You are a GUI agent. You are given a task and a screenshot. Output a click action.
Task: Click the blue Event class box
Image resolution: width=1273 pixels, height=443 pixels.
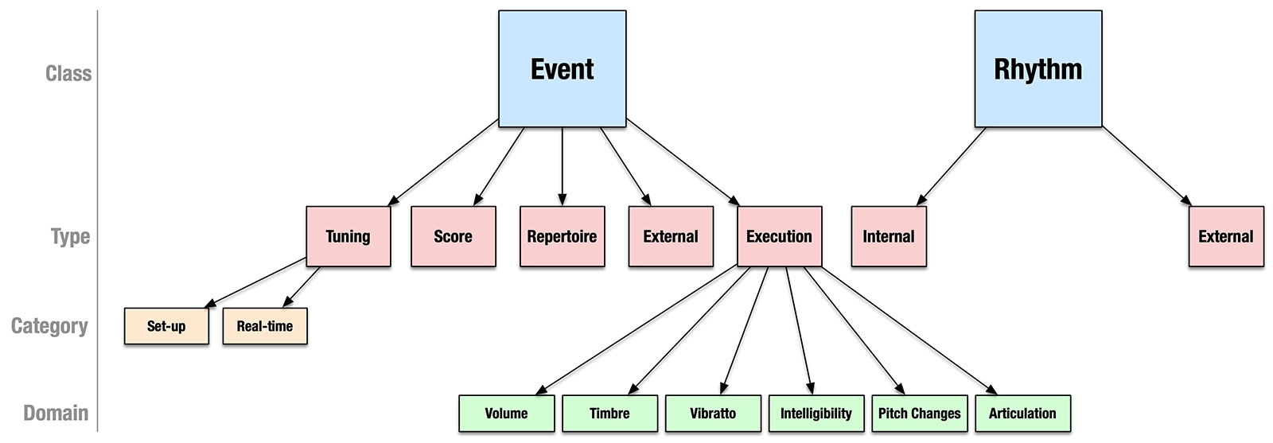[562, 69]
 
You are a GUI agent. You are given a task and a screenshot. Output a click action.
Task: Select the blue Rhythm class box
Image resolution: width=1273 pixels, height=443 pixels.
[1037, 69]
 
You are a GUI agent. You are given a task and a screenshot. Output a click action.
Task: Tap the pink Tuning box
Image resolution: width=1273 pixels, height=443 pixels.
[348, 236]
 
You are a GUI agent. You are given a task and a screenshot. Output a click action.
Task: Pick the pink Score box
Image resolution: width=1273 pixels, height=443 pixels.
[453, 236]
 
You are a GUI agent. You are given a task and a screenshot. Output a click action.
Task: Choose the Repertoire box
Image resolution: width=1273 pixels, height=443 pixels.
[562, 236]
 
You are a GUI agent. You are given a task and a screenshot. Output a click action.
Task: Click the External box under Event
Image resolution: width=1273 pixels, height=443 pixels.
[670, 236]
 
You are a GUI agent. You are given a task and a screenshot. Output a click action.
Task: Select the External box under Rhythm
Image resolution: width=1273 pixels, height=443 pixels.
[1225, 236]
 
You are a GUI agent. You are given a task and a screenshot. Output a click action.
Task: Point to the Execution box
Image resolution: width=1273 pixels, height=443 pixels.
[779, 236]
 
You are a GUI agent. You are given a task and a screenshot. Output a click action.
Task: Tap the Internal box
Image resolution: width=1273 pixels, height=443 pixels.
[888, 236]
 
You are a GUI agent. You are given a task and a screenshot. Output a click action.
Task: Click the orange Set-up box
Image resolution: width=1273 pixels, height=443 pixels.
[166, 326]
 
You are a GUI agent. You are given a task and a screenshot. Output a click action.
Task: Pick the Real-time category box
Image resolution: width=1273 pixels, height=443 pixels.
[264, 326]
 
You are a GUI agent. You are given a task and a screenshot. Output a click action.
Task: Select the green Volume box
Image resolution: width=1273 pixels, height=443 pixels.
[506, 414]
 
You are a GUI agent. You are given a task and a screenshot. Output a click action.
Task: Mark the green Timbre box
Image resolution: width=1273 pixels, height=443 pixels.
[609, 414]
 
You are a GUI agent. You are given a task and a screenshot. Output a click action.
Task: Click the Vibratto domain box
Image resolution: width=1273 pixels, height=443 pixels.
[713, 414]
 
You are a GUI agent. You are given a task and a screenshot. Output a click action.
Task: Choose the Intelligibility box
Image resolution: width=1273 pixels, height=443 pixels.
[816, 414]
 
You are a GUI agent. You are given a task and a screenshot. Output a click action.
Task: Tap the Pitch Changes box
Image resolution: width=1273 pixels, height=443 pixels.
[919, 414]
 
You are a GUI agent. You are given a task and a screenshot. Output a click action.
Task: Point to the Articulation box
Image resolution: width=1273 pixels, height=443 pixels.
[1022, 414]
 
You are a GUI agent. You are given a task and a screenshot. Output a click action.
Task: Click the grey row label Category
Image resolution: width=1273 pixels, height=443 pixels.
[49, 326]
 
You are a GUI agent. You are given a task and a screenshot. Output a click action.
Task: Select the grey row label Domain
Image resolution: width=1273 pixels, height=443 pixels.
[56, 414]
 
